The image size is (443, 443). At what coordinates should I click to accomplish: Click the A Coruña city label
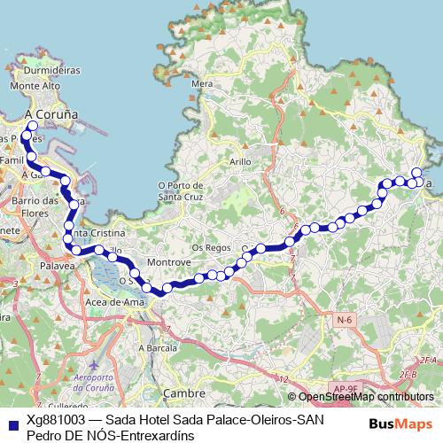point(52,114)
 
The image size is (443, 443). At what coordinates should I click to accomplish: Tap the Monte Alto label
point(35,86)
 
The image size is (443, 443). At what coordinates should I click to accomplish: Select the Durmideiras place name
point(53,69)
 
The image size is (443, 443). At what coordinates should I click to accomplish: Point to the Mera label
point(203,83)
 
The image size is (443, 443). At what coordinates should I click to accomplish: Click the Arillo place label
point(241,162)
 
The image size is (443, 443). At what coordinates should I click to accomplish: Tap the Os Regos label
point(212,247)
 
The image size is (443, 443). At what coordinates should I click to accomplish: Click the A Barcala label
point(159,348)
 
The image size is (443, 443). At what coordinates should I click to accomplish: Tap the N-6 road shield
point(344,317)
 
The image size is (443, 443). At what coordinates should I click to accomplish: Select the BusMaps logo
point(400,423)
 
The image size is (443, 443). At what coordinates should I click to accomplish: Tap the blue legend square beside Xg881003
point(11,423)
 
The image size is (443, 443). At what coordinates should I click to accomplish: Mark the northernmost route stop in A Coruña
point(32,127)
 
